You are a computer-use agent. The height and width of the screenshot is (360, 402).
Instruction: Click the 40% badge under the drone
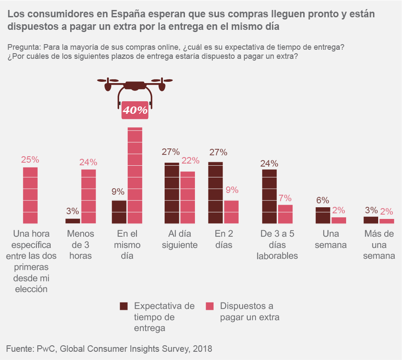click(x=135, y=110)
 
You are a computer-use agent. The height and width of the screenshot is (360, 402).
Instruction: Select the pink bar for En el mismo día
click(x=135, y=175)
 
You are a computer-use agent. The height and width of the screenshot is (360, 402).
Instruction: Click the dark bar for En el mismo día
click(x=119, y=212)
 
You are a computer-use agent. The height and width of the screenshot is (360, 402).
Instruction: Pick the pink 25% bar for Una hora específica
click(x=30, y=195)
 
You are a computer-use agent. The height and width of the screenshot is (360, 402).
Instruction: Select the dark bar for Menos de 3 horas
click(x=73, y=221)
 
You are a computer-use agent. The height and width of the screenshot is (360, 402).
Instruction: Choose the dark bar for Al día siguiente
click(x=172, y=193)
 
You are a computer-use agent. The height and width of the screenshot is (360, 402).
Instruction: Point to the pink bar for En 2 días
click(x=231, y=212)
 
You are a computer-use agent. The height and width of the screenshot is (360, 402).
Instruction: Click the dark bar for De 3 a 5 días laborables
click(x=269, y=196)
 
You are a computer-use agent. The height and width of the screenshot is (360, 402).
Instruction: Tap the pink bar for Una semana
click(x=339, y=220)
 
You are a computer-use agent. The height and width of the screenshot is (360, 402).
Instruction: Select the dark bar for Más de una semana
click(x=371, y=220)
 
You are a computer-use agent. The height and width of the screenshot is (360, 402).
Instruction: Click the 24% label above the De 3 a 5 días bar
click(x=269, y=164)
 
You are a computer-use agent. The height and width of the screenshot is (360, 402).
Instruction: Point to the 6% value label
click(x=322, y=200)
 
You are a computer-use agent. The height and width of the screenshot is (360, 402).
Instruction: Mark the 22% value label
click(x=190, y=161)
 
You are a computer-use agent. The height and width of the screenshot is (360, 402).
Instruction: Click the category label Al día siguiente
click(x=180, y=239)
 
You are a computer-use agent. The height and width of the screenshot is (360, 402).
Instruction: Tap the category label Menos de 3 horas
click(x=81, y=244)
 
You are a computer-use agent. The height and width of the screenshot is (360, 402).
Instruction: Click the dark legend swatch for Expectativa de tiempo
click(x=124, y=306)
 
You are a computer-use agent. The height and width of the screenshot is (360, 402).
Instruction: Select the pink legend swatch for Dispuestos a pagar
click(x=210, y=306)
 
